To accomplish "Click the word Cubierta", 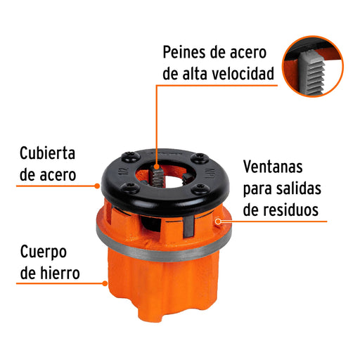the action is tap(47, 153).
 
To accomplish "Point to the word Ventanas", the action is tap(273, 167).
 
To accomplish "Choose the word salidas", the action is tap(298, 188).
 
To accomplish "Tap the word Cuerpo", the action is tap(44, 252).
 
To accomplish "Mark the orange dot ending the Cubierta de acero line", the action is tap(97, 186).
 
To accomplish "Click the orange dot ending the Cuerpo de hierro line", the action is tap(105, 283).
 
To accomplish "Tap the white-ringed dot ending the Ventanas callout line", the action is tap(218, 221).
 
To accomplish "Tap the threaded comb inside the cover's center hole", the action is tap(157, 176).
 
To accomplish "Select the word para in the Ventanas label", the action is tap(257, 189).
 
